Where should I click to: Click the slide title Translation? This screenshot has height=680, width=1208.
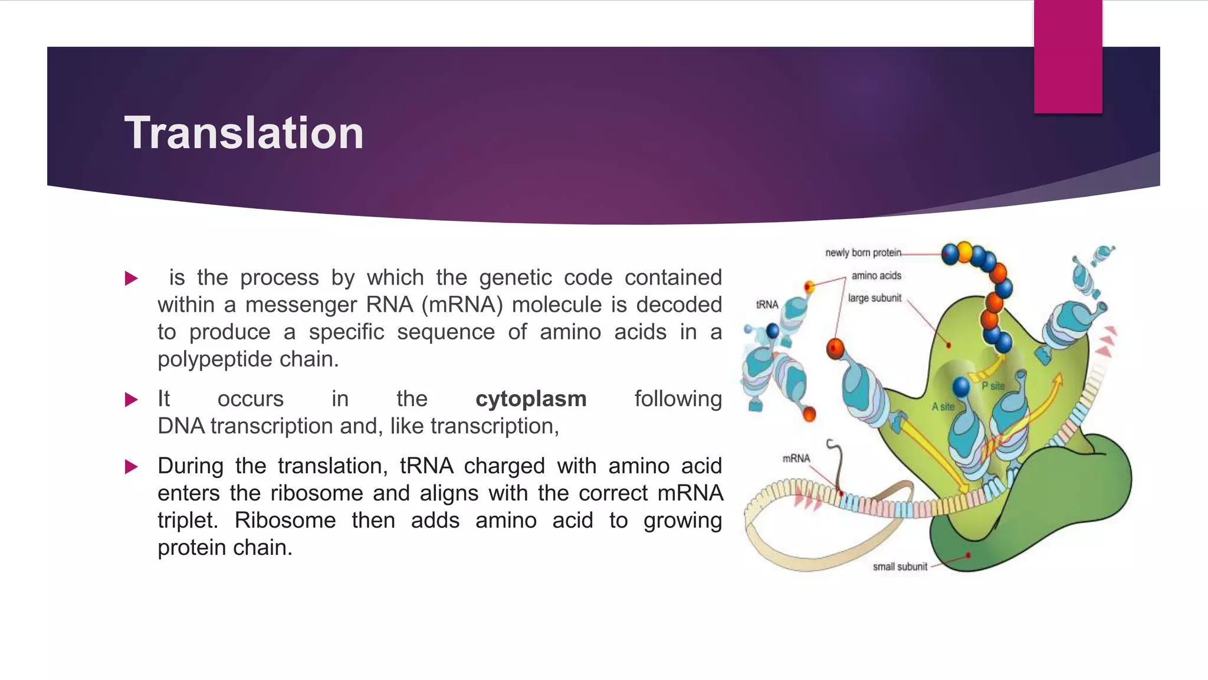point(244,133)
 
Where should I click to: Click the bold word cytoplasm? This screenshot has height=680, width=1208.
point(531,399)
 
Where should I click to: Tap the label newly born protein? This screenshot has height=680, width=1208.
point(863,253)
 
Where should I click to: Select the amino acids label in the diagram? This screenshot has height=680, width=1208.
point(876,276)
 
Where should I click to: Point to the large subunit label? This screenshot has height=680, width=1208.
point(874,298)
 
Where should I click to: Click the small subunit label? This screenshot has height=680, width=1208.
point(900,567)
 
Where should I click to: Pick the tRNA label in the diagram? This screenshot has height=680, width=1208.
point(767,305)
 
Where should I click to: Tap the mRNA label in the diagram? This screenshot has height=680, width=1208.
point(796,459)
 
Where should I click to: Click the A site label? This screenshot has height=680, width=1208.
point(943,407)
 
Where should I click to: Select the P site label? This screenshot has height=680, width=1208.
point(993,386)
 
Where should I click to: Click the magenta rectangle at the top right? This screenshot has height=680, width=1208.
point(1068,57)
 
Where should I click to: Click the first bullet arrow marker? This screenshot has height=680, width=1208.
point(132,279)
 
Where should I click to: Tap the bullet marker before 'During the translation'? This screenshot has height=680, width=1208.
point(132,467)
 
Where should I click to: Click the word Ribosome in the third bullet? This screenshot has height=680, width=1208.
point(285,521)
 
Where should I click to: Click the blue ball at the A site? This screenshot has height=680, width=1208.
point(961,387)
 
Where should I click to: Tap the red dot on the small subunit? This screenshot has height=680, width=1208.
point(968,555)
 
